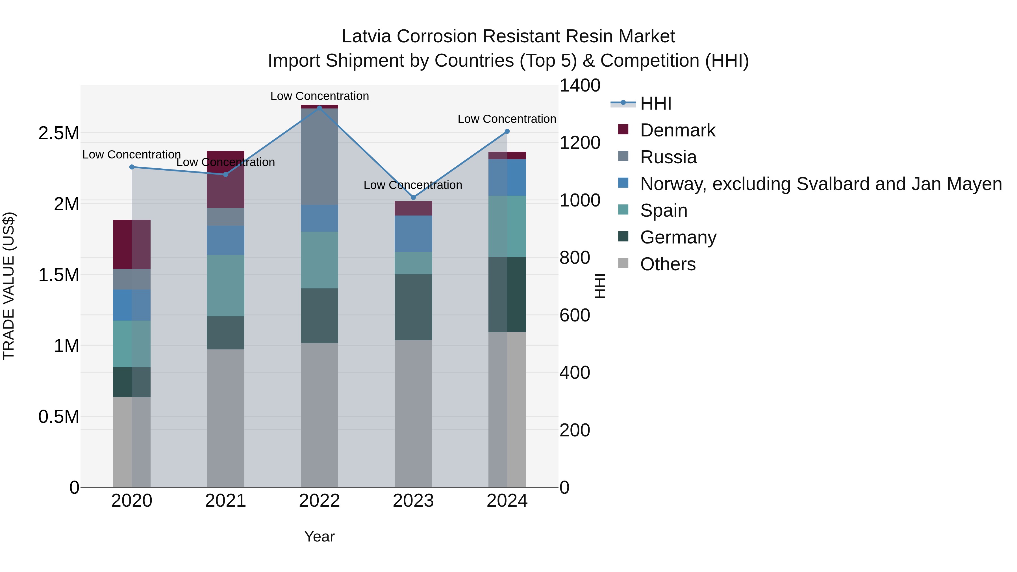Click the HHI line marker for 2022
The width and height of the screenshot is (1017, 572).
(x=320, y=108)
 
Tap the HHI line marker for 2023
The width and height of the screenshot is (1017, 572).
(x=413, y=197)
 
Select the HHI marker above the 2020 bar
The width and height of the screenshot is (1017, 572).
(x=132, y=167)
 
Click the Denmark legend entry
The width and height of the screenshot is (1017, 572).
(x=677, y=130)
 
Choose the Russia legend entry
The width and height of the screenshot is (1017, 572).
(x=668, y=157)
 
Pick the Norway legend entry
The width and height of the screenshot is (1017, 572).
(x=820, y=184)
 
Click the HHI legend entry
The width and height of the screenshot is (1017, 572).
(x=655, y=103)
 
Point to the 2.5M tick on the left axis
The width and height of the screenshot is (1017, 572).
(x=58, y=133)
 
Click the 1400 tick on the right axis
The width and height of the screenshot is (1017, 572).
(x=580, y=86)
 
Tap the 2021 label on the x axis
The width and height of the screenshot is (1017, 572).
(x=225, y=501)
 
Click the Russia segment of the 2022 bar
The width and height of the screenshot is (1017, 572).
(x=320, y=156)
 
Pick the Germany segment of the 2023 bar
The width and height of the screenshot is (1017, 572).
(x=413, y=307)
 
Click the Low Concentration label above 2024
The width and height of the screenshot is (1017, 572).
(x=507, y=119)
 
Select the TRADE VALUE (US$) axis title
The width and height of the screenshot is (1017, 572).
(x=9, y=286)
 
